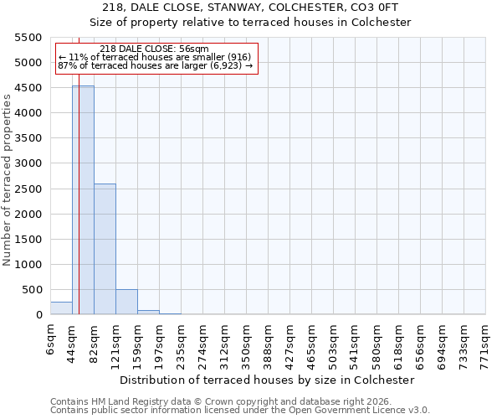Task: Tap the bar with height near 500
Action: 126,302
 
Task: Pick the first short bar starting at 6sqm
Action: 61,308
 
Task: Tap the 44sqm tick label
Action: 73,339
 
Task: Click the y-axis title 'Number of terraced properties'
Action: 8,180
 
